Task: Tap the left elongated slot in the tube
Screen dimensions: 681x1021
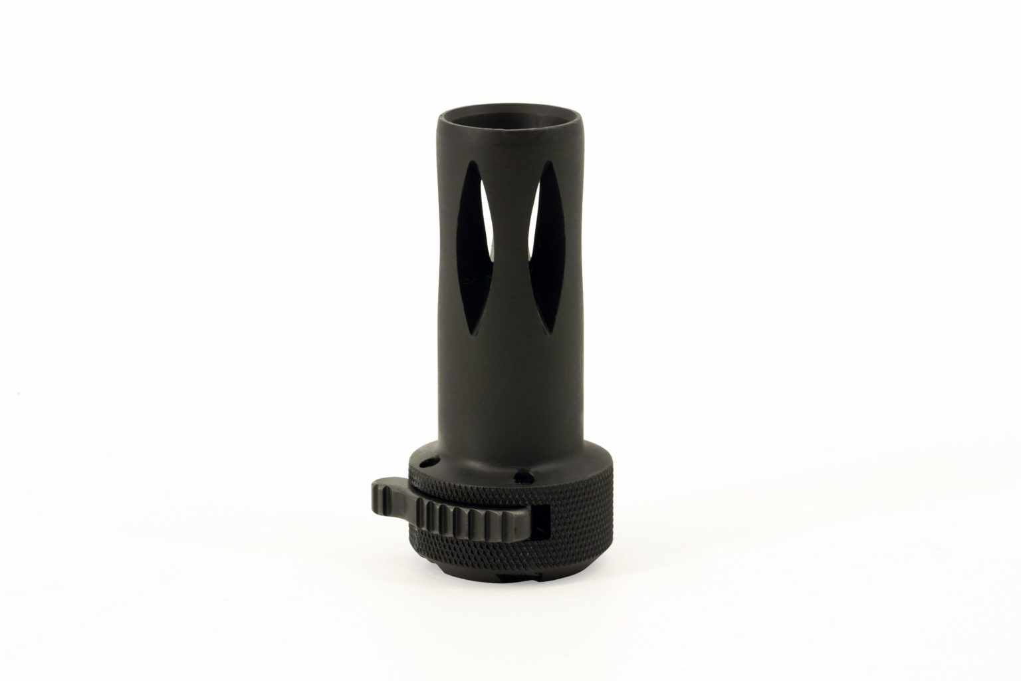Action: [x=477, y=253]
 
